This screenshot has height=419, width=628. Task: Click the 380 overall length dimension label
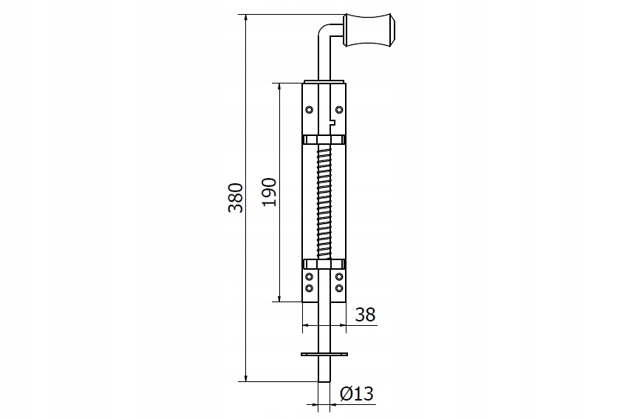pyautogui.click(x=236, y=197)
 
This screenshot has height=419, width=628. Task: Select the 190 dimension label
pyautogui.click(x=270, y=192)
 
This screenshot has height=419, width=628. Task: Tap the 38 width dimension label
pyautogui.click(x=365, y=315)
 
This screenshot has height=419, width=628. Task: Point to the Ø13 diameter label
pyautogui.click(x=357, y=394)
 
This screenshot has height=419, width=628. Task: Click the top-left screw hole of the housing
pyautogui.click(x=309, y=110)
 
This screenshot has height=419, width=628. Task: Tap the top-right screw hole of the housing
pyautogui.click(x=339, y=110)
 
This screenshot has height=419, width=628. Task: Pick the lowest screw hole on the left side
pyautogui.click(x=309, y=288)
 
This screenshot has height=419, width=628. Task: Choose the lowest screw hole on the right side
pyautogui.click(x=339, y=288)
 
